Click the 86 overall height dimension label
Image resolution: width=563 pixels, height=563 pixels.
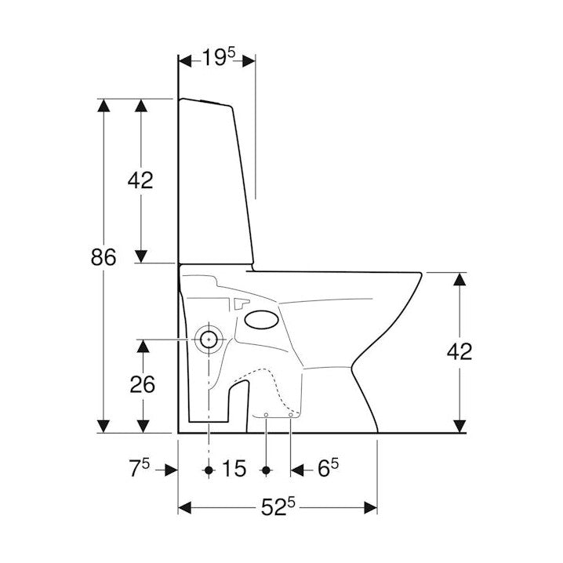coord(104,257)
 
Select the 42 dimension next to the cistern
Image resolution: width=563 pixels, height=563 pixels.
coord(140,180)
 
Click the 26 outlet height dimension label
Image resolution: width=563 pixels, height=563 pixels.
coord(142,384)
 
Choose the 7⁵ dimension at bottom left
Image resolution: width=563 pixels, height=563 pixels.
coord(140,469)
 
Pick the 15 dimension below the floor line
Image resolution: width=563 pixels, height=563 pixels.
coord(233,470)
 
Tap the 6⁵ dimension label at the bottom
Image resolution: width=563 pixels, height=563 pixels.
coord(329,469)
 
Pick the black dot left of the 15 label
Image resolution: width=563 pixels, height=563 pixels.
coord(209,470)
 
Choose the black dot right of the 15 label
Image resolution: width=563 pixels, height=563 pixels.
coord(266,470)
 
